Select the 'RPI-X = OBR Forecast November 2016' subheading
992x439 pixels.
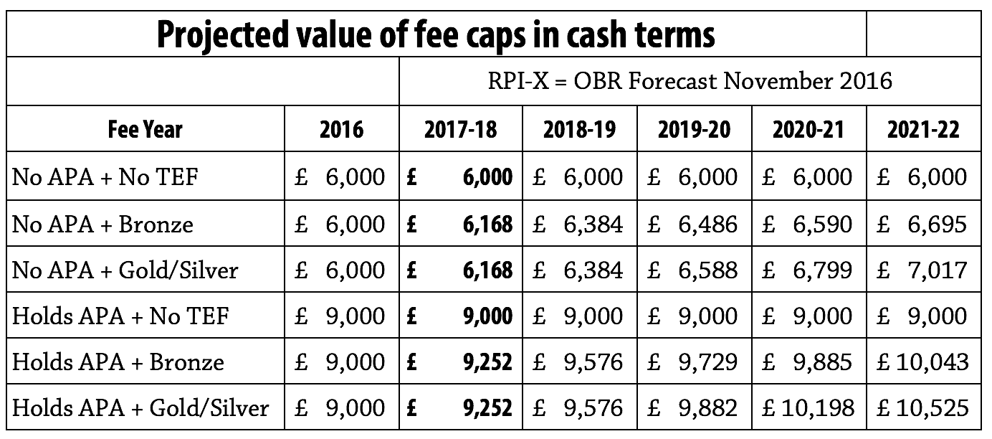coord(689,80)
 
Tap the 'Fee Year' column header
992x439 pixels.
coord(146,129)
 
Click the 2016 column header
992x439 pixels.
coord(341,129)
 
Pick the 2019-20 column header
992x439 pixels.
coord(693,129)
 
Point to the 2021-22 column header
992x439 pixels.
coord(923,129)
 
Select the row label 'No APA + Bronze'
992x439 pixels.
coord(102,224)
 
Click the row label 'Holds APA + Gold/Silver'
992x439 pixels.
coord(140,408)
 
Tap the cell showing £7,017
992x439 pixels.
coord(923,270)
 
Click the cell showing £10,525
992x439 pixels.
coord(923,408)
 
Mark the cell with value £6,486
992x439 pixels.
coord(693,224)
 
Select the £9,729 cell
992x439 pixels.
coord(693,362)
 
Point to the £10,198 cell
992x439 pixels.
coord(809,408)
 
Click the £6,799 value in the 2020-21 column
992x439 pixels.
coord(809,270)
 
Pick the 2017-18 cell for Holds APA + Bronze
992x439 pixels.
coord(461,362)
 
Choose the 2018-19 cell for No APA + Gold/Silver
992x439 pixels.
coord(578,270)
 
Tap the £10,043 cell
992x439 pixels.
coord(923,362)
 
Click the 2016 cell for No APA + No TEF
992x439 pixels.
coord(341,176)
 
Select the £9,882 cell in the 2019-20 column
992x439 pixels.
coord(693,408)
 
